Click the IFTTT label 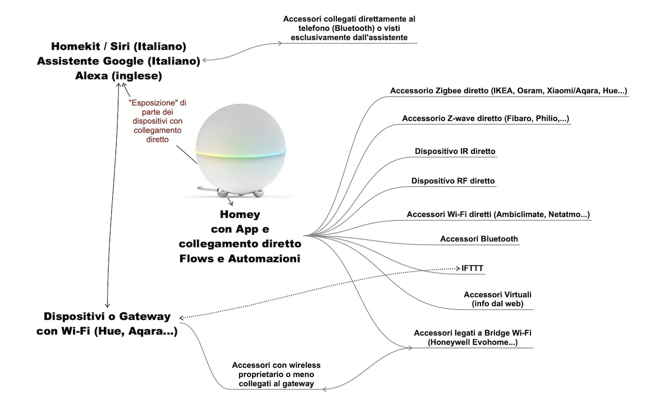pyautogui.click(x=472, y=269)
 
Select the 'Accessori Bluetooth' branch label pyautogui.click(x=479, y=239)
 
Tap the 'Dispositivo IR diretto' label pyautogui.click(x=455, y=152)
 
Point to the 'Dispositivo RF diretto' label pyautogui.click(x=453, y=181)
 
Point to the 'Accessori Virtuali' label pyautogui.click(x=497, y=295)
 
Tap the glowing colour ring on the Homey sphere pyautogui.click(x=241, y=153)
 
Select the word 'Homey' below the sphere pyautogui.click(x=240, y=215)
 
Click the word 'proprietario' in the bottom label pyautogui.click(x=261, y=375)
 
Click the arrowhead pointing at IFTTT pyautogui.click(x=458, y=268)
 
